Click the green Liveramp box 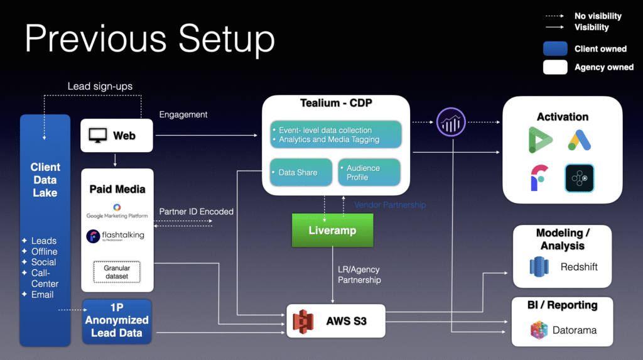[x=332, y=230]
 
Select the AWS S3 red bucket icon [x=303, y=321]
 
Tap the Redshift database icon [x=539, y=267]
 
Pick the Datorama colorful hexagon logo [x=539, y=329]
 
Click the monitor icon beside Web [x=98, y=135]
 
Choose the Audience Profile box [x=369, y=172]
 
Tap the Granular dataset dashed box [x=116, y=271]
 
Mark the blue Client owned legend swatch [x=555, y=49]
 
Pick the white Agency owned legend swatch [x=555, y=67]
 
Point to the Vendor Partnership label [x=389, y=205]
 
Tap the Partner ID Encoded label [x=196, y=212]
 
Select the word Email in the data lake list [x=43, y=295]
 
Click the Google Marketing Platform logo [x=117, y=211]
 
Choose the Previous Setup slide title [x=150, y=39]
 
